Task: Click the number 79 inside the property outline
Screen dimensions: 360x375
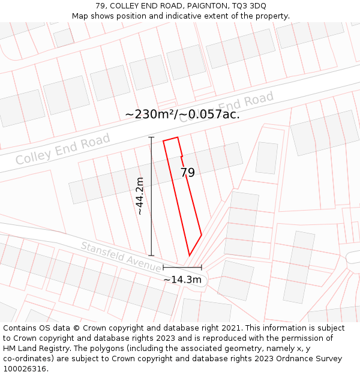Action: click(x=188, y=173)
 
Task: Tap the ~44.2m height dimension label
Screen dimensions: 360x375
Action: click(x=140, y=196)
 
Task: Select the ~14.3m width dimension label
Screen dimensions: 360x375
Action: click(x=182, y=280)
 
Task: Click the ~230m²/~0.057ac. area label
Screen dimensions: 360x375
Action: click(x=182, y=114)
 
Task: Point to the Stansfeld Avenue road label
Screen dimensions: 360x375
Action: click(x=121, y=257)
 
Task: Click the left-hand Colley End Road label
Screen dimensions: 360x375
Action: click(x=63, y=149)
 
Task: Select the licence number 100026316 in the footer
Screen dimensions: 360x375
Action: click(x=25, y=368)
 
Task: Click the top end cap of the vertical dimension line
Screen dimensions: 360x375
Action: click(x=151, y=137)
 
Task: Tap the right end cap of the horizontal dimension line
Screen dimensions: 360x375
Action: click(x=202, y=268)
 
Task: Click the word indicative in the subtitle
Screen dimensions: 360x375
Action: click(x=187, y=16)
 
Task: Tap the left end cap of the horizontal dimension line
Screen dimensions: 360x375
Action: click(x=163, y=268)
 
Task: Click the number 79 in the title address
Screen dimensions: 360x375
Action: click(x=100, y=5)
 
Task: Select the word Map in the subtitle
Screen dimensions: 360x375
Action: click(x=80, y=16)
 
